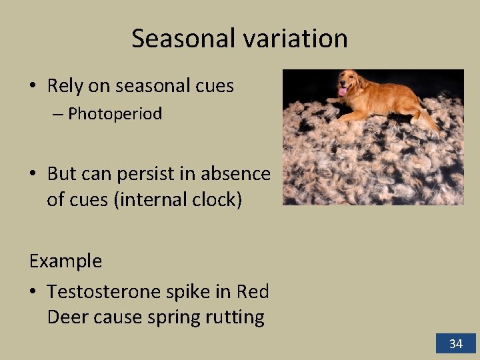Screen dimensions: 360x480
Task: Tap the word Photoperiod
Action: (x=115, y=114)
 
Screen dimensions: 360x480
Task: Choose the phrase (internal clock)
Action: (x=178, y=199)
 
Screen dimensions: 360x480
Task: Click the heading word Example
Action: (x=65, y=261)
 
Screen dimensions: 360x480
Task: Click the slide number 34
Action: (x=455, y=343)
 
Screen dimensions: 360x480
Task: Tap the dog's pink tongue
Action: (x=343, y=92)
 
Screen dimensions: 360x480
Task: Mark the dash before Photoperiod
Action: (x=57, y=115)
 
